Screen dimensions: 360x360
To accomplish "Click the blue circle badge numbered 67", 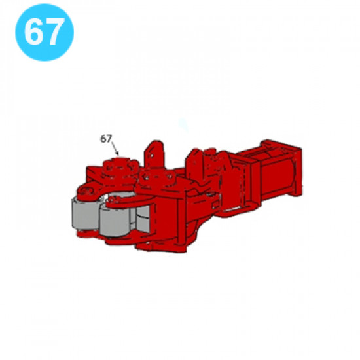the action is coord(45,32).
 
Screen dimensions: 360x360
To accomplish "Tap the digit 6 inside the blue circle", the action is coord(34,31).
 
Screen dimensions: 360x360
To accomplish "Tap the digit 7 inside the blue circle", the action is coord(54,31).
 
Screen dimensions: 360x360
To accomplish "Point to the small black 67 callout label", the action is coord(106,139).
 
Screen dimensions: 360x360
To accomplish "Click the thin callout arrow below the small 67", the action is coord(115,149).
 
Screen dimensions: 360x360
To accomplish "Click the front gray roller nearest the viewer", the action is coord(115,221).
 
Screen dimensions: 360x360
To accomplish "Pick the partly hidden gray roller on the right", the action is coord(143,218).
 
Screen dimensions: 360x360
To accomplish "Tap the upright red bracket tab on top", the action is coord(153,154).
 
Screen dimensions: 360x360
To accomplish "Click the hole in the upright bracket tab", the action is coord(151,156).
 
